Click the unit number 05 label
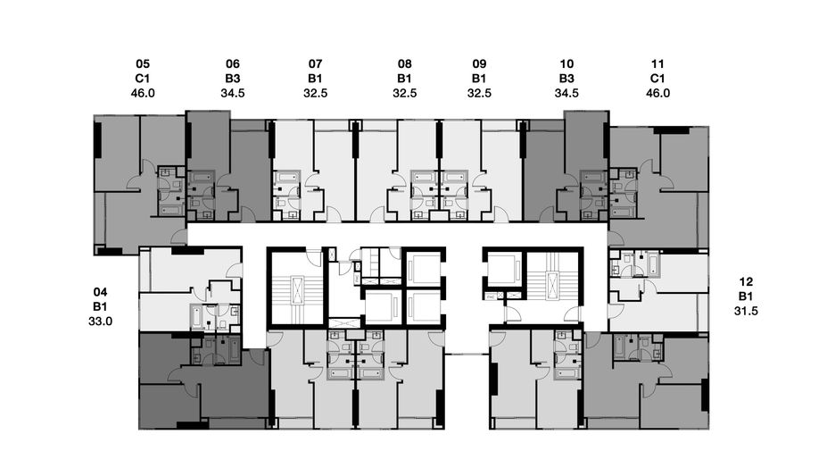pyautogui.click(x=143, y=64)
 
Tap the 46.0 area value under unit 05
pyautogui.click(x=143, y=93)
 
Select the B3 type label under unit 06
pyautogui.click(x=233, y=79)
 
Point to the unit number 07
pyautogui.click(x=315, y=64)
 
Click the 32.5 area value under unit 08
pyautogui.click(x=405, y=93)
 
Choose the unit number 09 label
pyautogui.click(x=479, y=64)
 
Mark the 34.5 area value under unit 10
pyautogui.click(x=566, y=93)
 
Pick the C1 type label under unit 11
pyautogui.click(x=657, y=79)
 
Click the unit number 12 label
pyautogui.click(x=746, y=281)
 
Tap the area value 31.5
pyautogui.click(x=746, y=311)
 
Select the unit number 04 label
pyautogui.click(x=100, y=292)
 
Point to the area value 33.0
pyautogui.click(x=100, y=321)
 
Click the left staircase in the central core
pyautogui.click(x=296, y=288)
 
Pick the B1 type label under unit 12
pyautogui.click(x=746, y=296)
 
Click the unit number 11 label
pyautogui.click(x=657, y=64)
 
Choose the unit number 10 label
pyautogui.click(x=566, y=64)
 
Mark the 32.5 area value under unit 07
pyautogui.click(x=315, y=93)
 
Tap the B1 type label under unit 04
pyautogui.click(x=100, y=306)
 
